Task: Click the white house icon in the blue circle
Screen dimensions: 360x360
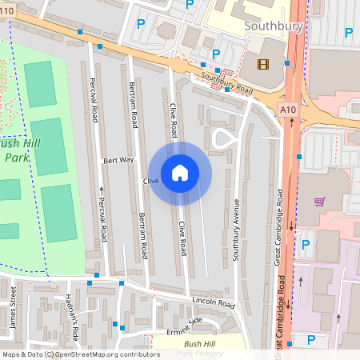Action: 180,172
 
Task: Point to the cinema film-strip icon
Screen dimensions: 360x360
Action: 263,64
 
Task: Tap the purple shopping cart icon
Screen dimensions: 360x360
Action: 320,202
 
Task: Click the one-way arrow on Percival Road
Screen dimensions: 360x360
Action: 102,190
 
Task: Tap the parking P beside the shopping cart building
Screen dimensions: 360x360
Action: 305,245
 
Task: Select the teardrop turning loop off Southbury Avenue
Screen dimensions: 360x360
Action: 222,139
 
